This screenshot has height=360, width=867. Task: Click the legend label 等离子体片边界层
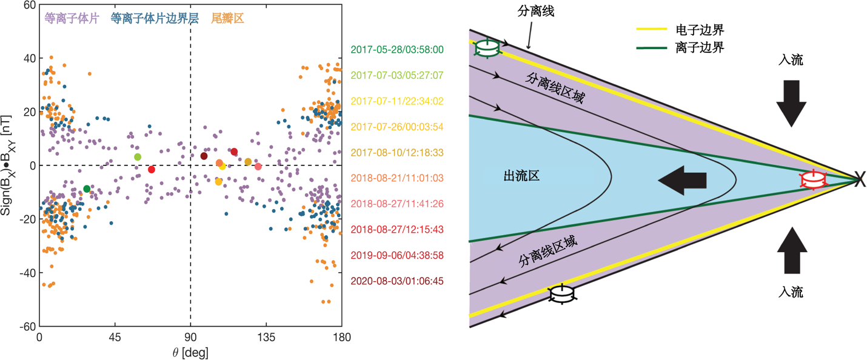(155, 19)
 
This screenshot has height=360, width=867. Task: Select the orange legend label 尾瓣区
(227, 19)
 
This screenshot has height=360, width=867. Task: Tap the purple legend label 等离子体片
(72, 19)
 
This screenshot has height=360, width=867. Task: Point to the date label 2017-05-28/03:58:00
(397, 50)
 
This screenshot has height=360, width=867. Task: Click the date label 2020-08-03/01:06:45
(397, 281)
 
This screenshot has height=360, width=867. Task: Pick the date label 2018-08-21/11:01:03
(397, 178)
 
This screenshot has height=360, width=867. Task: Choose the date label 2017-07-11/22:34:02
(397, 101)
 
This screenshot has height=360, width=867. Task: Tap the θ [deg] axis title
(190, 352)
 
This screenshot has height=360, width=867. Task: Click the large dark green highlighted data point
(87, 189)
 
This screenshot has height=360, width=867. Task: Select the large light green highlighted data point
(138, 157)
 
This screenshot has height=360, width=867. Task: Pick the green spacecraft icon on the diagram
(487, 48)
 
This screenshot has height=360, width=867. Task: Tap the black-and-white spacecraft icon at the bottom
(562, 294)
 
